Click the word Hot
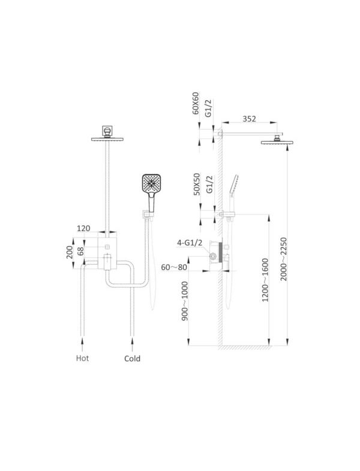click(82, 358)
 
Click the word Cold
click(132, 358)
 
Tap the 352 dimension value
click(249, 119)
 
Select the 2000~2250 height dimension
click(284, 259)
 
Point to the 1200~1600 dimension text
click(265, 280)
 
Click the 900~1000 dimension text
click(185, 301)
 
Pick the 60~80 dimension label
click(174, 267)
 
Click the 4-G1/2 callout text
click(190, 243)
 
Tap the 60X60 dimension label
click(196, 103)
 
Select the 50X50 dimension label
click(197, 184)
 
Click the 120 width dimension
click(83, 228)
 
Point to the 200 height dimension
click(70, 253)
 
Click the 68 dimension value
click(80, 251)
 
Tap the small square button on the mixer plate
click(107, 247)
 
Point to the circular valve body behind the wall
click(213, 256)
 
